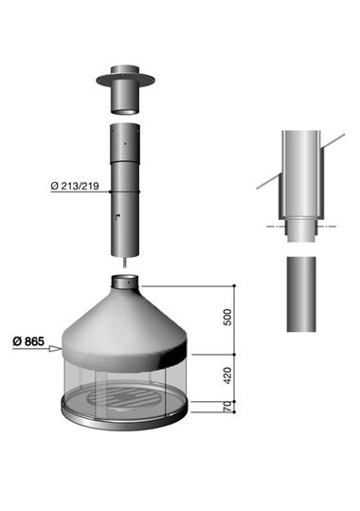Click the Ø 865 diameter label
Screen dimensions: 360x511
coord(28,341)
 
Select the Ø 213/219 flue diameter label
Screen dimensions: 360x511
coord(75,186)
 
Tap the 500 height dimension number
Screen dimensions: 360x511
coord(228,317)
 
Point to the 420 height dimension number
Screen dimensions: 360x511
coord(228,375)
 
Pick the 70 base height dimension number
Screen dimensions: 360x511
coord(228,407)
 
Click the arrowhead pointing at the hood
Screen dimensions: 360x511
coord(55,349)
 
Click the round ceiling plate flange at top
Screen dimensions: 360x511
coord(125,80)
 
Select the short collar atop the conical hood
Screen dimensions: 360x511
coord(125,283)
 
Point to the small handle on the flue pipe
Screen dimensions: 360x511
coord(117,216)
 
